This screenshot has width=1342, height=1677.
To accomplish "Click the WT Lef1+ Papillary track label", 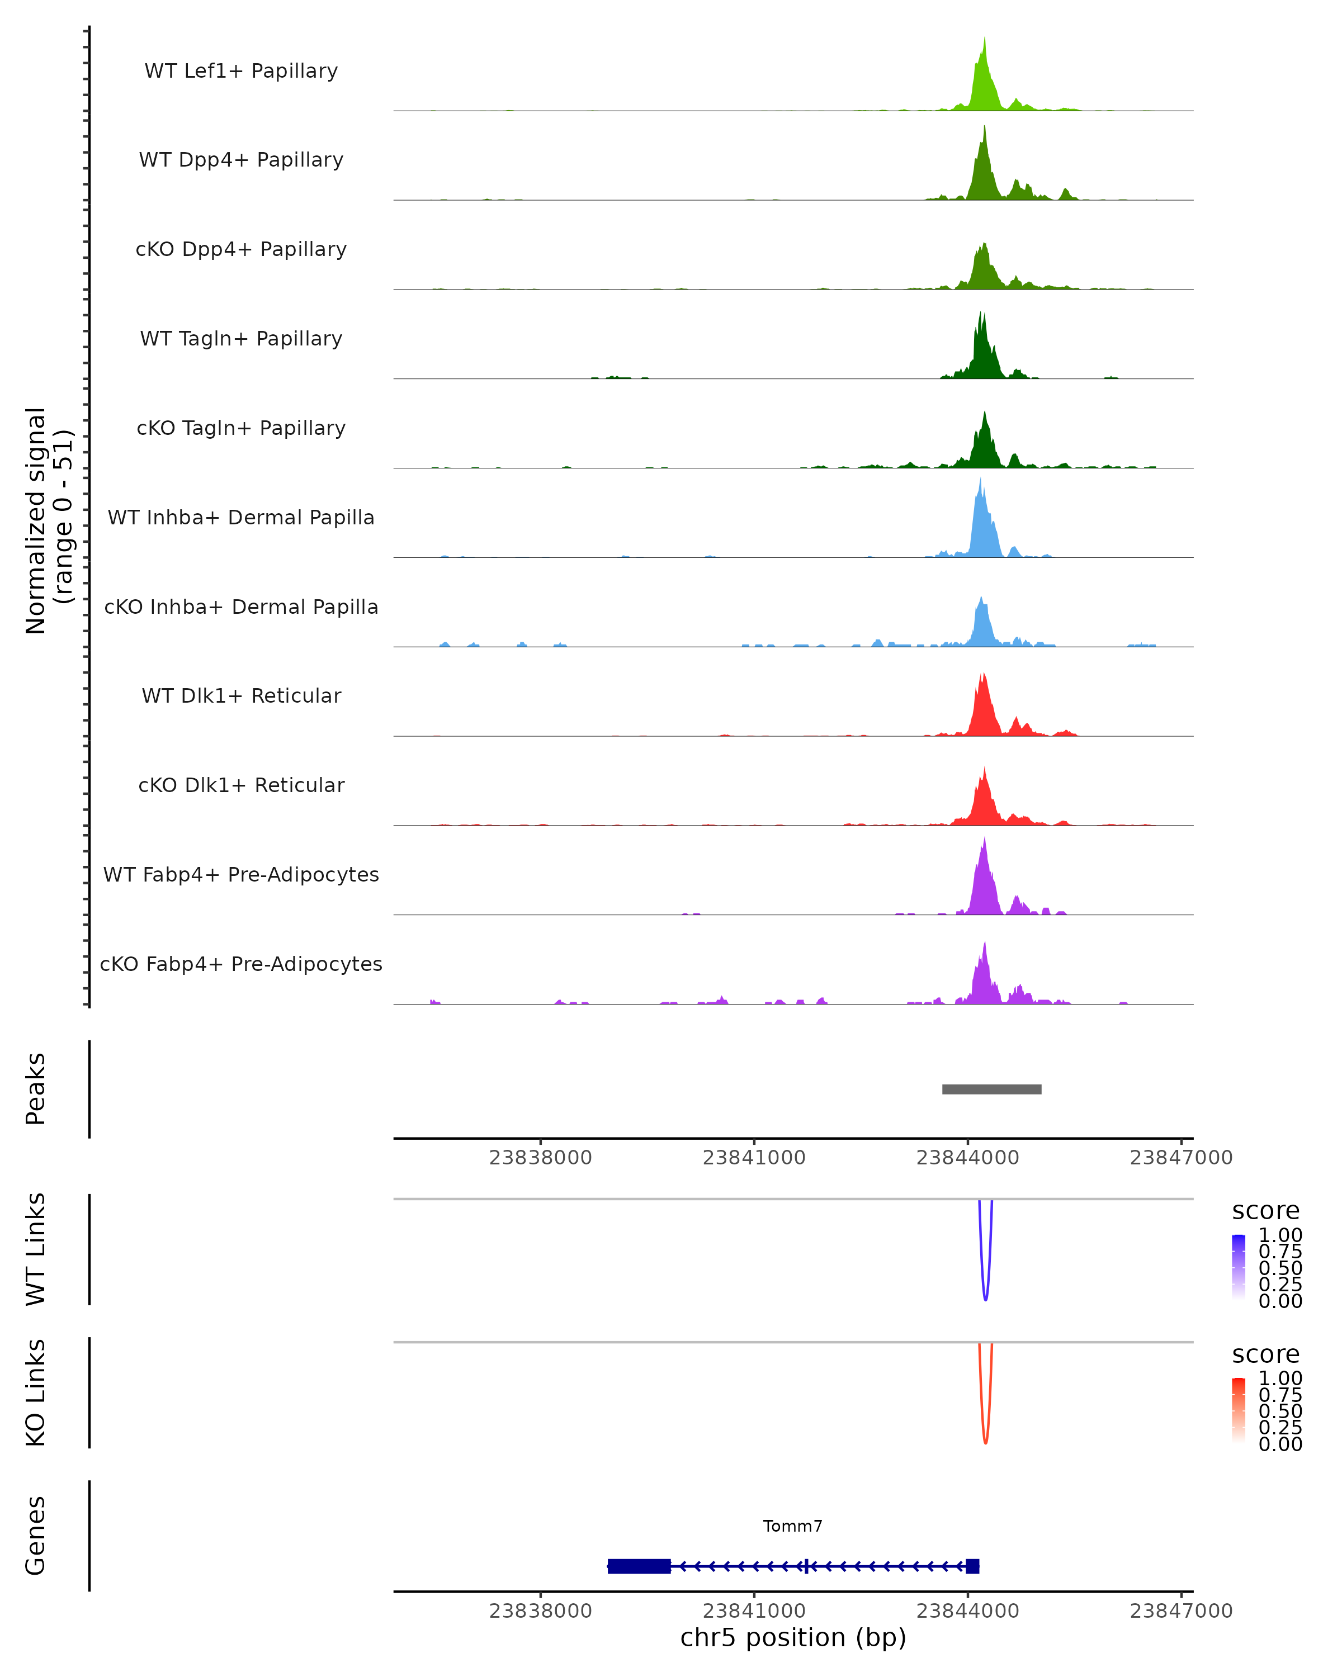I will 241,71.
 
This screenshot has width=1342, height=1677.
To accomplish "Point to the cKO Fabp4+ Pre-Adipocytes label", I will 241,964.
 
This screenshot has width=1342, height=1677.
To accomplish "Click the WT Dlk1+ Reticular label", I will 241,695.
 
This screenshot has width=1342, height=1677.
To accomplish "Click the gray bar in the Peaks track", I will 991,1089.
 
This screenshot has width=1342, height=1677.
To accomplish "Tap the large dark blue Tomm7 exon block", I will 639,1566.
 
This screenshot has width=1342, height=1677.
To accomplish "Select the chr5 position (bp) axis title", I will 793,1638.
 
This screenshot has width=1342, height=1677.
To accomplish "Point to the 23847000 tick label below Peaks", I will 1180,1158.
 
